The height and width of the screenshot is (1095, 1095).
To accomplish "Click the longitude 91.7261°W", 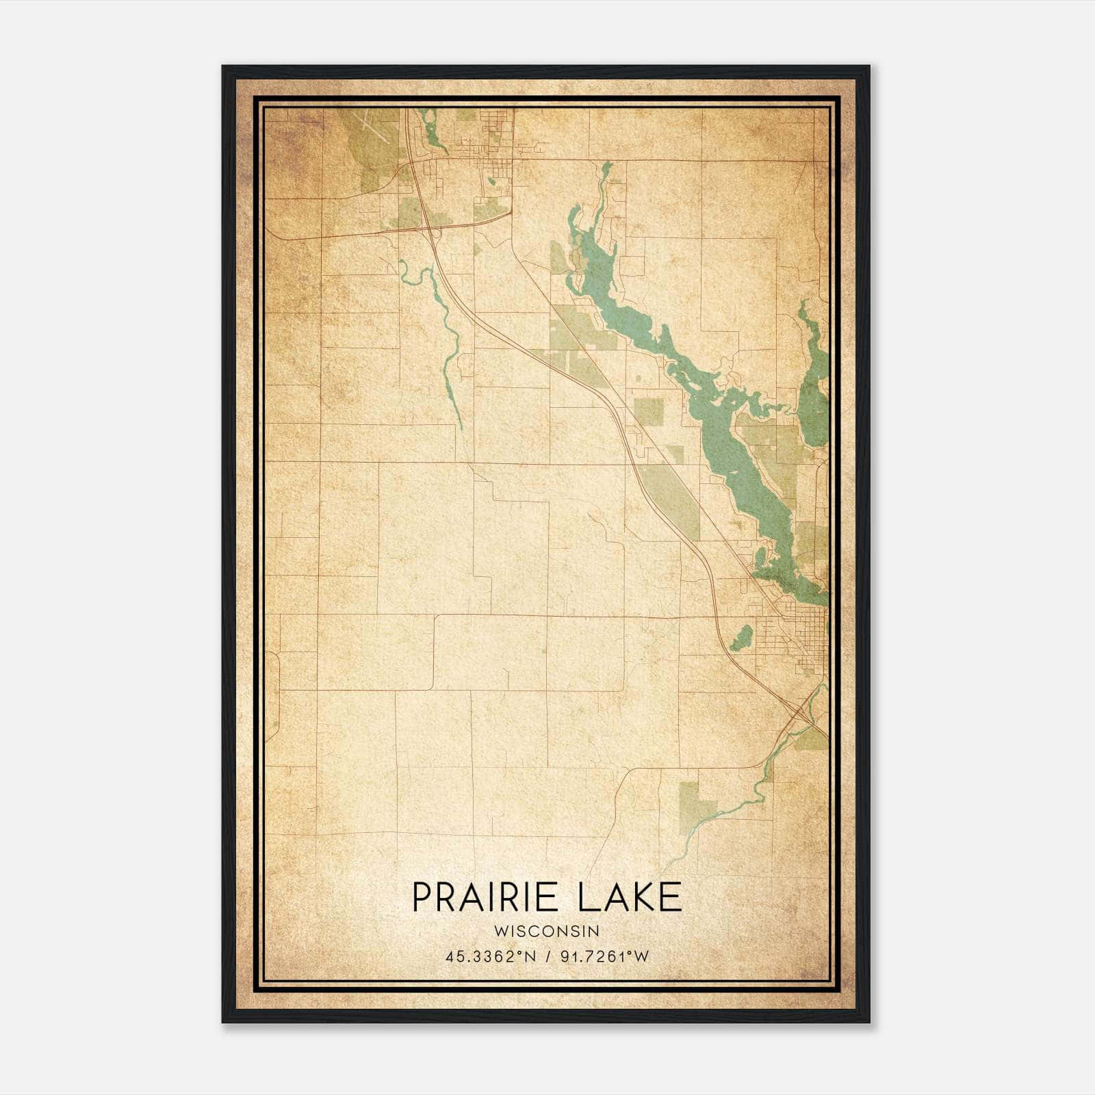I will [x=604, y=957].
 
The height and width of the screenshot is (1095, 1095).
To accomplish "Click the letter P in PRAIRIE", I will [x=422, y=898].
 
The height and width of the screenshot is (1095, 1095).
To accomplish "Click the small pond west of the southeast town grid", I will [x=740, y=639].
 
